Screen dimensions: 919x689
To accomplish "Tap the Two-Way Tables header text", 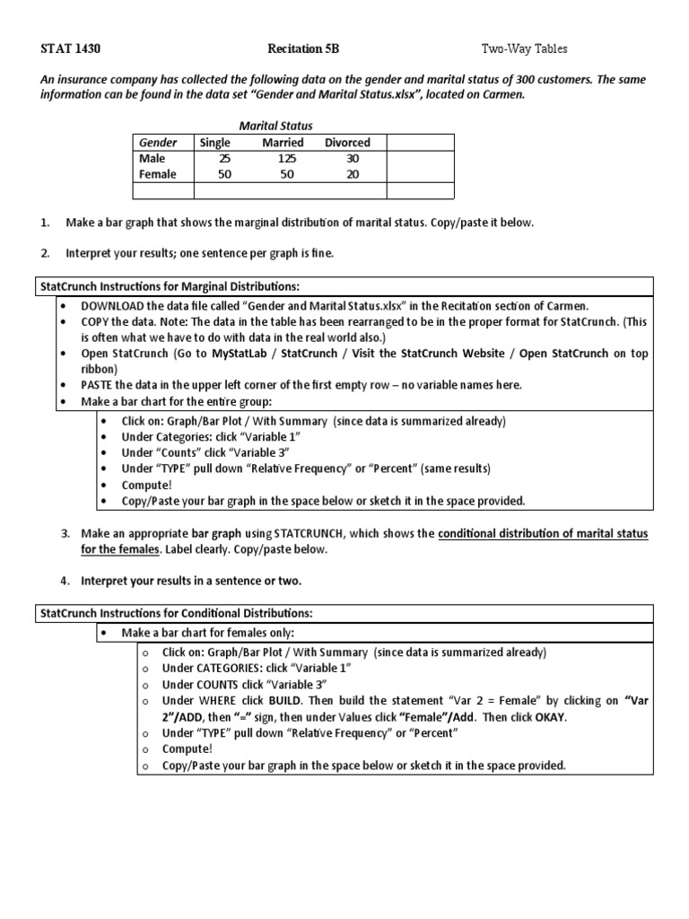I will click(525, 48).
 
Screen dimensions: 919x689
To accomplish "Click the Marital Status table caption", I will click(275, 126).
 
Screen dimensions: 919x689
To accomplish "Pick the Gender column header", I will click(158, 142).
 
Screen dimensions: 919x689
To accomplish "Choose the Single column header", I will click(215, 142).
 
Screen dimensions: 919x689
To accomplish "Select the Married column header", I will click(283, 142).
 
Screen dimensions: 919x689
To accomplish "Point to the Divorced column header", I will click(347, 142).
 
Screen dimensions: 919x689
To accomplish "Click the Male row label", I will click(153, 158).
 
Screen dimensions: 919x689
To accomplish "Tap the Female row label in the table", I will click(158, 174).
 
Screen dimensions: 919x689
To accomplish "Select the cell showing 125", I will click(283, 158).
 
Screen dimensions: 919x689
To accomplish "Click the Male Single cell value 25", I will click(224, 158).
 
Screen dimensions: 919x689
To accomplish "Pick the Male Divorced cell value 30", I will click(352, 158).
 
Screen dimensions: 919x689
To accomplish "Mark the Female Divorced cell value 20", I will click(352, 174).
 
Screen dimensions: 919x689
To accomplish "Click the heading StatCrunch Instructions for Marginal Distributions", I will click(169, 286).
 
